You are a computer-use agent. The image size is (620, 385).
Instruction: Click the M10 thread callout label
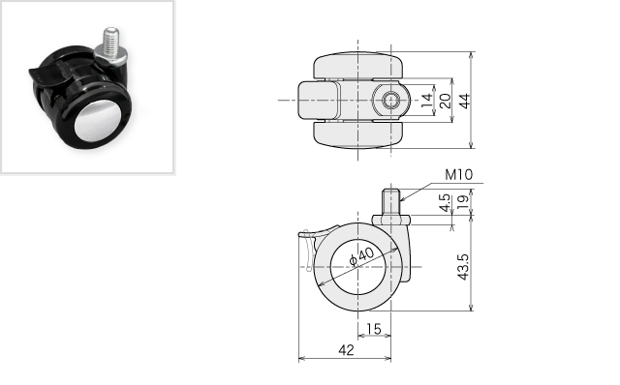pyautogui.click(x=458, y=174)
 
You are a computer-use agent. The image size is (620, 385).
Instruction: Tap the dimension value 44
pyautogui.click(x=465, y=101)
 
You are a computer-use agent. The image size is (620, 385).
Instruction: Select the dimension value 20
pyautogui.click(x=445, y=101)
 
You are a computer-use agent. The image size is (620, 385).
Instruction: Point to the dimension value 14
pyautogui.click(x=426, y=101)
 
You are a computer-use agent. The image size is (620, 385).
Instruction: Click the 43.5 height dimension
pyautogui.click(x=463, y=267)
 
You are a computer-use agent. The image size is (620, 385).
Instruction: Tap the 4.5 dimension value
pyautogui.click(x=446, y=202)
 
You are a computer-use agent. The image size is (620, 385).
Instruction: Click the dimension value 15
pyautogui.click(x=374, y=329)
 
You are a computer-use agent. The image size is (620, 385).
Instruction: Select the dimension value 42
pyautogui.click(x=346, y=350)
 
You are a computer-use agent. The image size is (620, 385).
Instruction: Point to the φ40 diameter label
pyautogui.click(x=361, y=256)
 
